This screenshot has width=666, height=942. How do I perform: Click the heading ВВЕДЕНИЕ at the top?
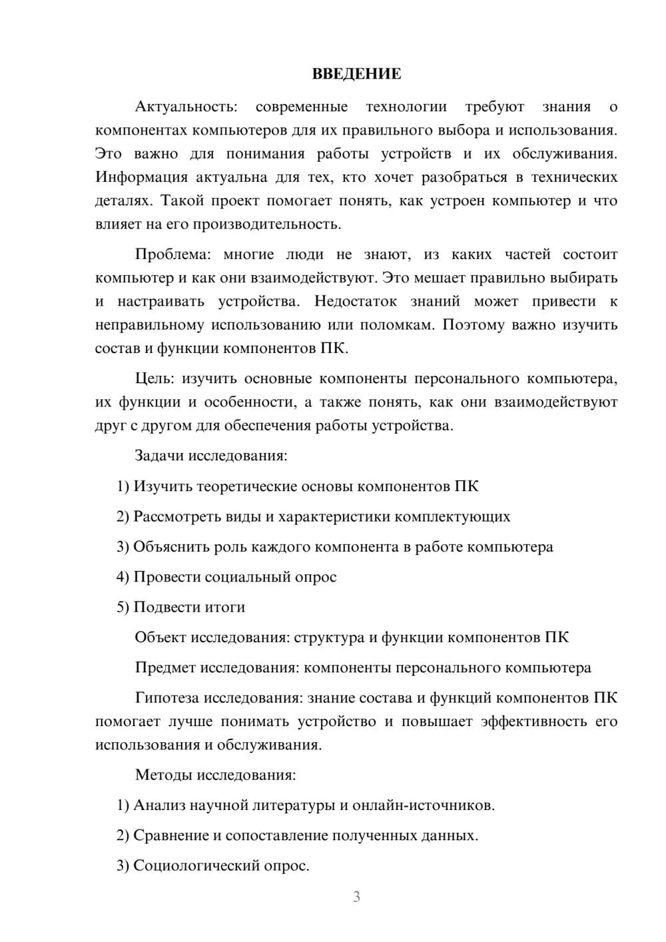(x=356, y=74)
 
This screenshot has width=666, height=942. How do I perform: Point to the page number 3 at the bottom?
(x=356, y=897)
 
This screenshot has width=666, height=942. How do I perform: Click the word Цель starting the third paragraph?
(x=155, y=379)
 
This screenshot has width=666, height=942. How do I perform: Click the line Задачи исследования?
(x=211, y=456)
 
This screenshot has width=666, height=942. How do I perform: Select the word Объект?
(x=161, y=638)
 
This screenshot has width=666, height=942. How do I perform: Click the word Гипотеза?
(x=166, y=698)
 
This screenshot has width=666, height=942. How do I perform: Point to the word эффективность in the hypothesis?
(x=533, y=721)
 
